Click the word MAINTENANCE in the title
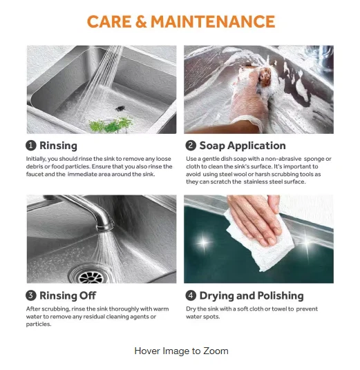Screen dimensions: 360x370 click(213, 21)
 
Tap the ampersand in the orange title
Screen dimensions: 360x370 click(141, 21)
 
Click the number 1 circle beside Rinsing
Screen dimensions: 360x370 click(31, 146)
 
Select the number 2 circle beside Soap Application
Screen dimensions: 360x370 click(191, 146)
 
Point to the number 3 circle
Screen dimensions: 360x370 click(31, 295)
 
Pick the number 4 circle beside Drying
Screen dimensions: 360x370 click(191, 295)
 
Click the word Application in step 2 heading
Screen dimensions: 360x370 click(256, 146)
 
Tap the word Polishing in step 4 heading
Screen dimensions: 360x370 click(281, 296)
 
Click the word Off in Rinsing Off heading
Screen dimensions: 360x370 click(88, 295)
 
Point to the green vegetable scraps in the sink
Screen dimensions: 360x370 click(111, 124)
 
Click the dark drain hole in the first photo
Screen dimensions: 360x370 click(120, 108)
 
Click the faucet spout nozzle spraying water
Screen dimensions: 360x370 click(104, 226)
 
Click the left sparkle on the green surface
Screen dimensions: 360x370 click(203, 243)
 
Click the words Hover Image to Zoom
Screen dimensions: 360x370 click(182, 351)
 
